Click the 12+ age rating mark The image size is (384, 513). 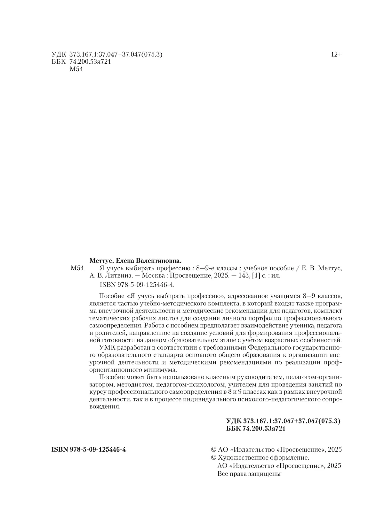click(x=336, y=55)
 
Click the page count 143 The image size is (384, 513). click(x=243, y=276)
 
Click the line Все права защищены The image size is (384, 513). click(x=249, y=474)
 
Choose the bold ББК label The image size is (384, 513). click(x=234, y=429)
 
